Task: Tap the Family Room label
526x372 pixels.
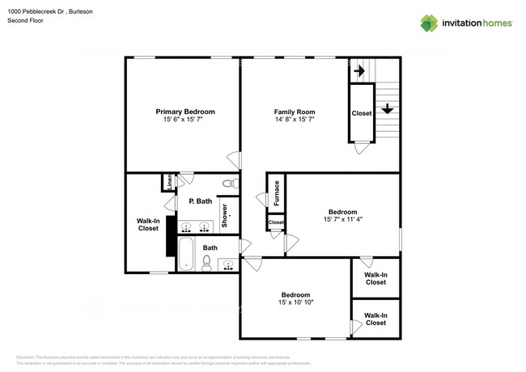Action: (294, 112)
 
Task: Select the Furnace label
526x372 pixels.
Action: (277, 194)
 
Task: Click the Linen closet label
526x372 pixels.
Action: (168, 182)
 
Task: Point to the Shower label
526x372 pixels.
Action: (226, 215)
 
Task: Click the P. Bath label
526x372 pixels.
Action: (200, 201)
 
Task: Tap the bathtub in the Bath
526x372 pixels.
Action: (185, 253)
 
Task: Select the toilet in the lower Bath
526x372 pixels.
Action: (206, 261)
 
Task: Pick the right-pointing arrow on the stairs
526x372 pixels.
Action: (358, 71)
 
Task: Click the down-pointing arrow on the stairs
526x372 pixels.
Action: (388, 108)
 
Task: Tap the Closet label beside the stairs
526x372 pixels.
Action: (362, 113)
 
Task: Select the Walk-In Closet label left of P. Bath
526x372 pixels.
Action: (148, 224)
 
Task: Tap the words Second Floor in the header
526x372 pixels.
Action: (24, 20)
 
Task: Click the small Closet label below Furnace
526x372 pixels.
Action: (276, 222)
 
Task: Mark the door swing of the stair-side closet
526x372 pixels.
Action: (362, 149)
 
